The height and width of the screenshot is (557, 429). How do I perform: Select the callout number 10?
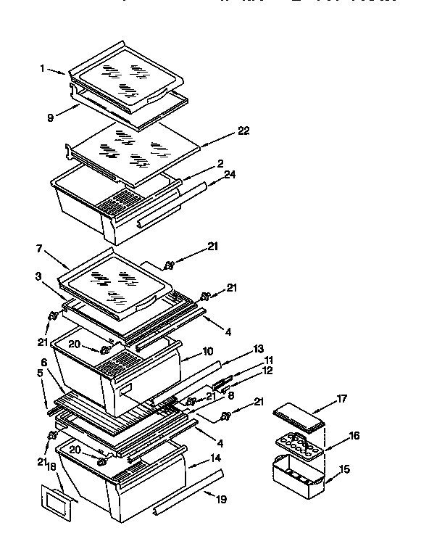pyautogui.click(x=208, y=352)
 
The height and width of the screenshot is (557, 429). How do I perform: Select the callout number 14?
pyautogui.click(x=215, y=458)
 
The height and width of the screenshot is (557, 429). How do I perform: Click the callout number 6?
pyautogui.click(x=43, y=361)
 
